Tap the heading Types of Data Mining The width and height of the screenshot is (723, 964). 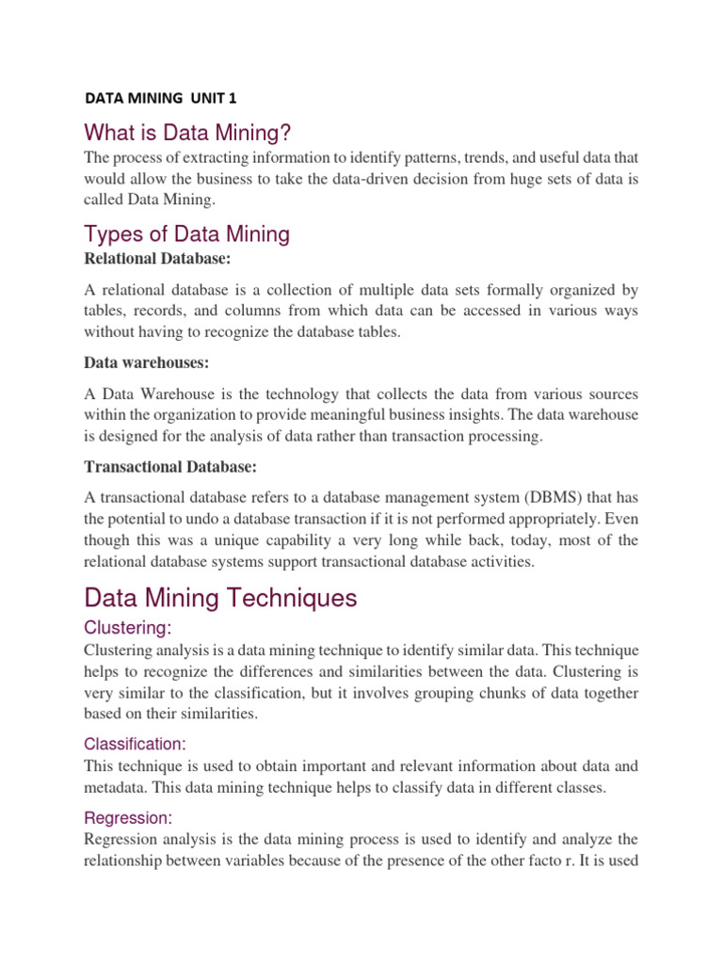pyautogui.click(x=186, y=233)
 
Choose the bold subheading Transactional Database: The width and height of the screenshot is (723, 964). pyautogui.click(x=169, y=466)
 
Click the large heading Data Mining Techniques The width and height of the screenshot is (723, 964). pyautogui.click(x=220, y=598)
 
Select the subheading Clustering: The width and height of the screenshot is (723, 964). pyautogui.click(x=129, y=628)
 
